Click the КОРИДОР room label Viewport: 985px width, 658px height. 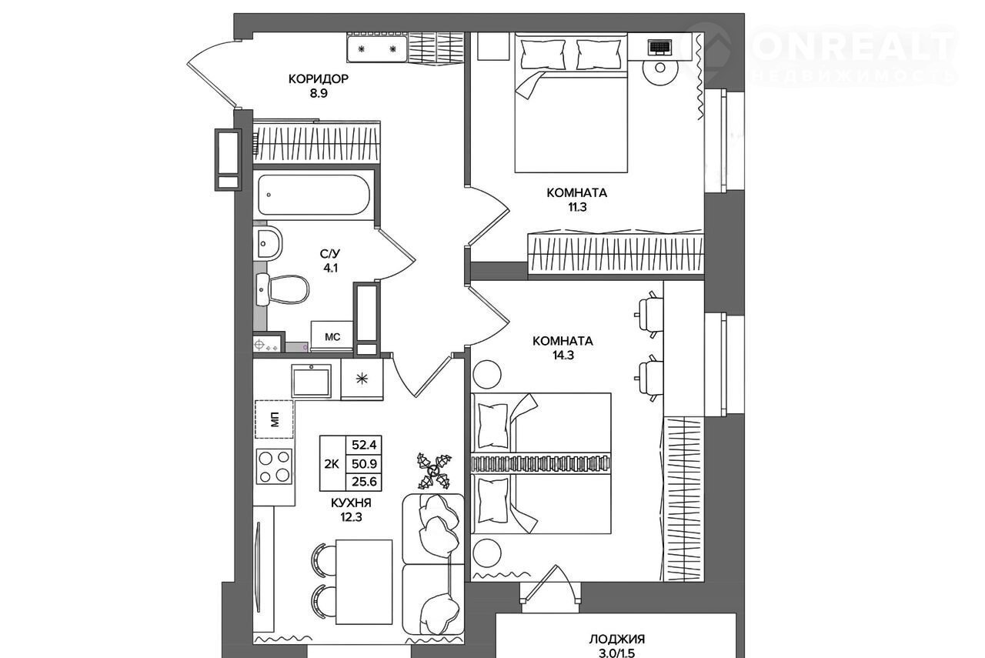[319, 78]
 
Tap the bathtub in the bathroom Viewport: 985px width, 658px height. [313, 195]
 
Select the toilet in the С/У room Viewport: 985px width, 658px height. [282, 289]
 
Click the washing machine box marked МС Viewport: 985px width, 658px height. [332, 336]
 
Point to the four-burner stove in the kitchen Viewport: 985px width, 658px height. [274, 466]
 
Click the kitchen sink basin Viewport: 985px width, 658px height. [311, 382]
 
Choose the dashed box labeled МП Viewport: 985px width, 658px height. [275, 419]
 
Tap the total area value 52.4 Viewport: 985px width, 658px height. [364, 445]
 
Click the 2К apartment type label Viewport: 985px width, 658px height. [332, 463]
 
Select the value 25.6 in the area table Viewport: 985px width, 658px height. [364, 482]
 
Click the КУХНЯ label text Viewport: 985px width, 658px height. [352, 503]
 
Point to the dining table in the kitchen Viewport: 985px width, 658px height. [364, 582]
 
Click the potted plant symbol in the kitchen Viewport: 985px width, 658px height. [434, 471]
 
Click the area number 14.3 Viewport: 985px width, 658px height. [563, 355]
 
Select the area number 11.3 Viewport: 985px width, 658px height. [577, 207]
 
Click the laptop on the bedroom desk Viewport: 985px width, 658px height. [660, 47]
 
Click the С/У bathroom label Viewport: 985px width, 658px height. [330, 253]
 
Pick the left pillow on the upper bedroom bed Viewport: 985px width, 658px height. [543, 55]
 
